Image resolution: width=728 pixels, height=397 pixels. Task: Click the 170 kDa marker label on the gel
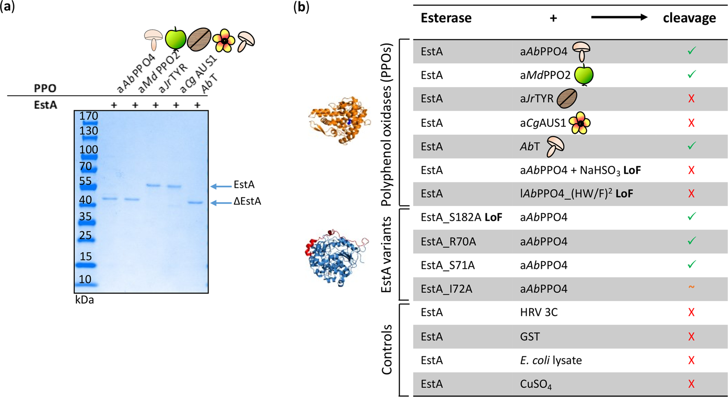click(88, 116)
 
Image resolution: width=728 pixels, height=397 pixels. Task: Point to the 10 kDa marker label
click(85, 279)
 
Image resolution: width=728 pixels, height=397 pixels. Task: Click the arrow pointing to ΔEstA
click(220, 203)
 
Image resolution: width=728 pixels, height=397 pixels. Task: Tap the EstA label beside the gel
click(244, 185)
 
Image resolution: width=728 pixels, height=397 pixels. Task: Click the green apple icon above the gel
click(175, 38)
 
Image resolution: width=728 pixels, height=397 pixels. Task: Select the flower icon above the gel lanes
click(224, 41)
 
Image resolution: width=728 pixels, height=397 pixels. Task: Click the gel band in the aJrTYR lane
click(153, 185)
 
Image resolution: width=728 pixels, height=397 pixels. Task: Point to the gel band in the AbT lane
click(195, 203)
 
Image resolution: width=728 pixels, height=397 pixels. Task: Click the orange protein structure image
click(339, 121)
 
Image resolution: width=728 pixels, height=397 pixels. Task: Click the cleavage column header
click(689, 18)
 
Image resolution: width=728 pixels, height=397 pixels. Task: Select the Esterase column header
click(446, 18)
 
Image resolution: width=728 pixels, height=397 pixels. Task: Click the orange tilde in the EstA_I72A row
click(691, 287)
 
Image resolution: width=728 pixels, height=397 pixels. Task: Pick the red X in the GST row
click(691, 337)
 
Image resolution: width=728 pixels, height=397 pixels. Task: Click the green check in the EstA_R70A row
click(691, 241)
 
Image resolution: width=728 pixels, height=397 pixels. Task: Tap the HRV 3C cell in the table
click(538, 313)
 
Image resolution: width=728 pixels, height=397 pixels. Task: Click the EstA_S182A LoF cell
click(461, 217)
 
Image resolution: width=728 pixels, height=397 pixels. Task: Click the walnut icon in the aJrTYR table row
click(567, 99)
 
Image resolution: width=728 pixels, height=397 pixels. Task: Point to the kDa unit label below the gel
click(84, 300)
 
